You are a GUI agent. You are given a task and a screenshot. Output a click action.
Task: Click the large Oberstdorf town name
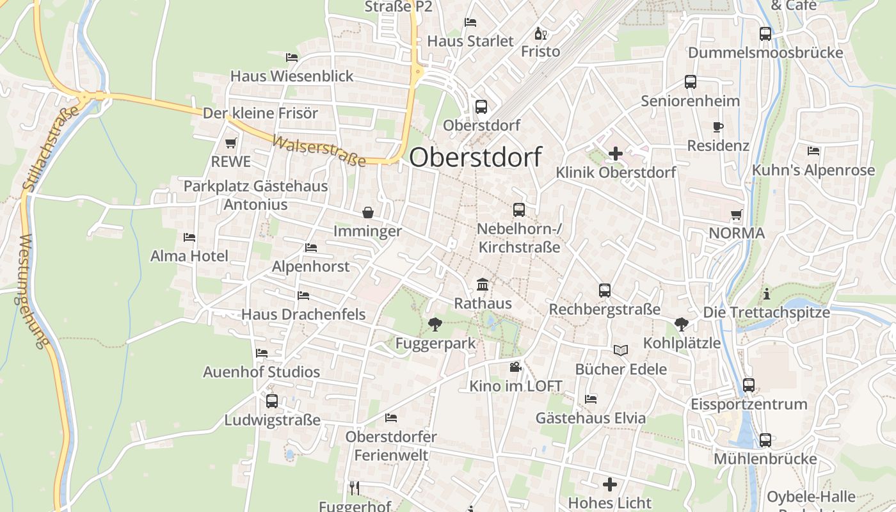476,157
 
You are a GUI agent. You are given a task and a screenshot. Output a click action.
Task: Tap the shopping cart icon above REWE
231,143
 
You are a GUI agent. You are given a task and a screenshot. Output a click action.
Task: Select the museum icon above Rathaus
483,284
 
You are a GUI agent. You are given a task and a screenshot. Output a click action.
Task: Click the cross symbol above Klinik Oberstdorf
616,154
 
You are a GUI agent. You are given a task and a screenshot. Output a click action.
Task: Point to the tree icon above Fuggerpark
435,324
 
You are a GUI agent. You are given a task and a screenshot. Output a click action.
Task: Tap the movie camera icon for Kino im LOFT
515,367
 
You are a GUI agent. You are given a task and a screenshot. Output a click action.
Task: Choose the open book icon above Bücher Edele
621,350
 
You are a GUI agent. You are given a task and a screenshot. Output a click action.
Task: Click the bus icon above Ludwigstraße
272,401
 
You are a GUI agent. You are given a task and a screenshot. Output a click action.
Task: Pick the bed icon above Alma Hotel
189,237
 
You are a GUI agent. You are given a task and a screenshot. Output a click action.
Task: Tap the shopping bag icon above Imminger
368,212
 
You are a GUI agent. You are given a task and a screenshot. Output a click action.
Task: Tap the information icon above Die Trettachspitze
766,294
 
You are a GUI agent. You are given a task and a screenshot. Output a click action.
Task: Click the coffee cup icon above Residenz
717,127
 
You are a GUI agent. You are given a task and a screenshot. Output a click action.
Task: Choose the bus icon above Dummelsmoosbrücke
765,34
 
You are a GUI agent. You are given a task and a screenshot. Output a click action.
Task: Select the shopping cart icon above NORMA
736,215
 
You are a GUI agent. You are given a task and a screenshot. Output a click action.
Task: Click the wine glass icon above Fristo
540,33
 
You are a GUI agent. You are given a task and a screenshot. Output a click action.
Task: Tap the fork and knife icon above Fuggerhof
355,488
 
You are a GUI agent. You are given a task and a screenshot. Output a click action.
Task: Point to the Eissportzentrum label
749,404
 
